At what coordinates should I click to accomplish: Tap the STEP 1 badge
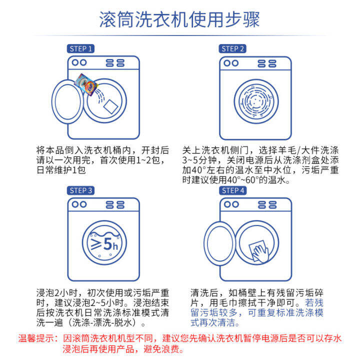coord(80,48)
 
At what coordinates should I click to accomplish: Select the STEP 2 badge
coord(232,48)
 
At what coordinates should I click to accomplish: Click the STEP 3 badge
coord(80,190)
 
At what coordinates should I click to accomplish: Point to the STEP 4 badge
coord(232,190)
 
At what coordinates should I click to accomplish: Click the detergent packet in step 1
coord(85,82)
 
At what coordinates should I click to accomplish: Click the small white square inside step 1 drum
coord(110,106)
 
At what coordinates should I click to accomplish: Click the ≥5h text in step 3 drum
coord(103,244)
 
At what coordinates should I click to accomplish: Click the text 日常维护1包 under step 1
coord(61,170)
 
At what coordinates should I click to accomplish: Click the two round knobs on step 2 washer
coord(230,63)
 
